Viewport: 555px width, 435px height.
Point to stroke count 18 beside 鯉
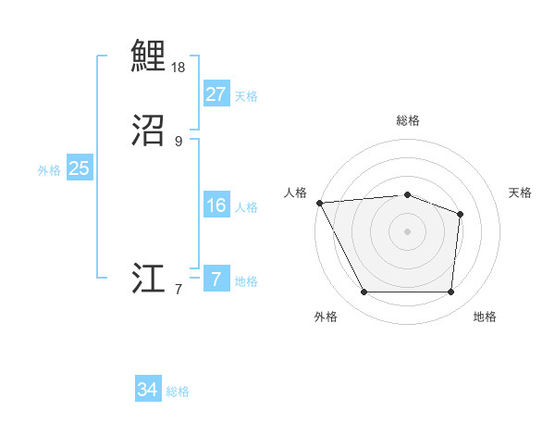click(x=179, y=68)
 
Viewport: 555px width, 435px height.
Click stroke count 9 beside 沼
click(x=179, y=142)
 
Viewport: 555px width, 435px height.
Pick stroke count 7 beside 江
click(x=179, y=290)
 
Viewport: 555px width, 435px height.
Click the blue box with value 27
click(x=216, y=94)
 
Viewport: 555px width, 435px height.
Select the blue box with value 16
click(x=216, y=205)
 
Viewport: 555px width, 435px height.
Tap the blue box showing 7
click(x=216, y=279)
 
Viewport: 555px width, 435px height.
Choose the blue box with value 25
click(x=80, y=168)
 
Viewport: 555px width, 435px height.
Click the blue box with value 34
click(x=148, y=390)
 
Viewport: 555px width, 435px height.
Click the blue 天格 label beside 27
click(x=246, y=96)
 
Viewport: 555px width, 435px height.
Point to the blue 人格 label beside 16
click(x=246, y=207)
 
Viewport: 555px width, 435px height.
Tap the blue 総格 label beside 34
click(x=178, y=391)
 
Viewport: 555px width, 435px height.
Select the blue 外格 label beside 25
click(x=49, y=170)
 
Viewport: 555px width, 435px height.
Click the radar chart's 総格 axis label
click(x=408, y=120)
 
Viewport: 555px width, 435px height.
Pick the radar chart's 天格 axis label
click(x=521, y=193)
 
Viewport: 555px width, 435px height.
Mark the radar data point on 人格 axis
click(x=319, y=203)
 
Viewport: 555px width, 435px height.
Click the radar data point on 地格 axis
click(x=451, y=292)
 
